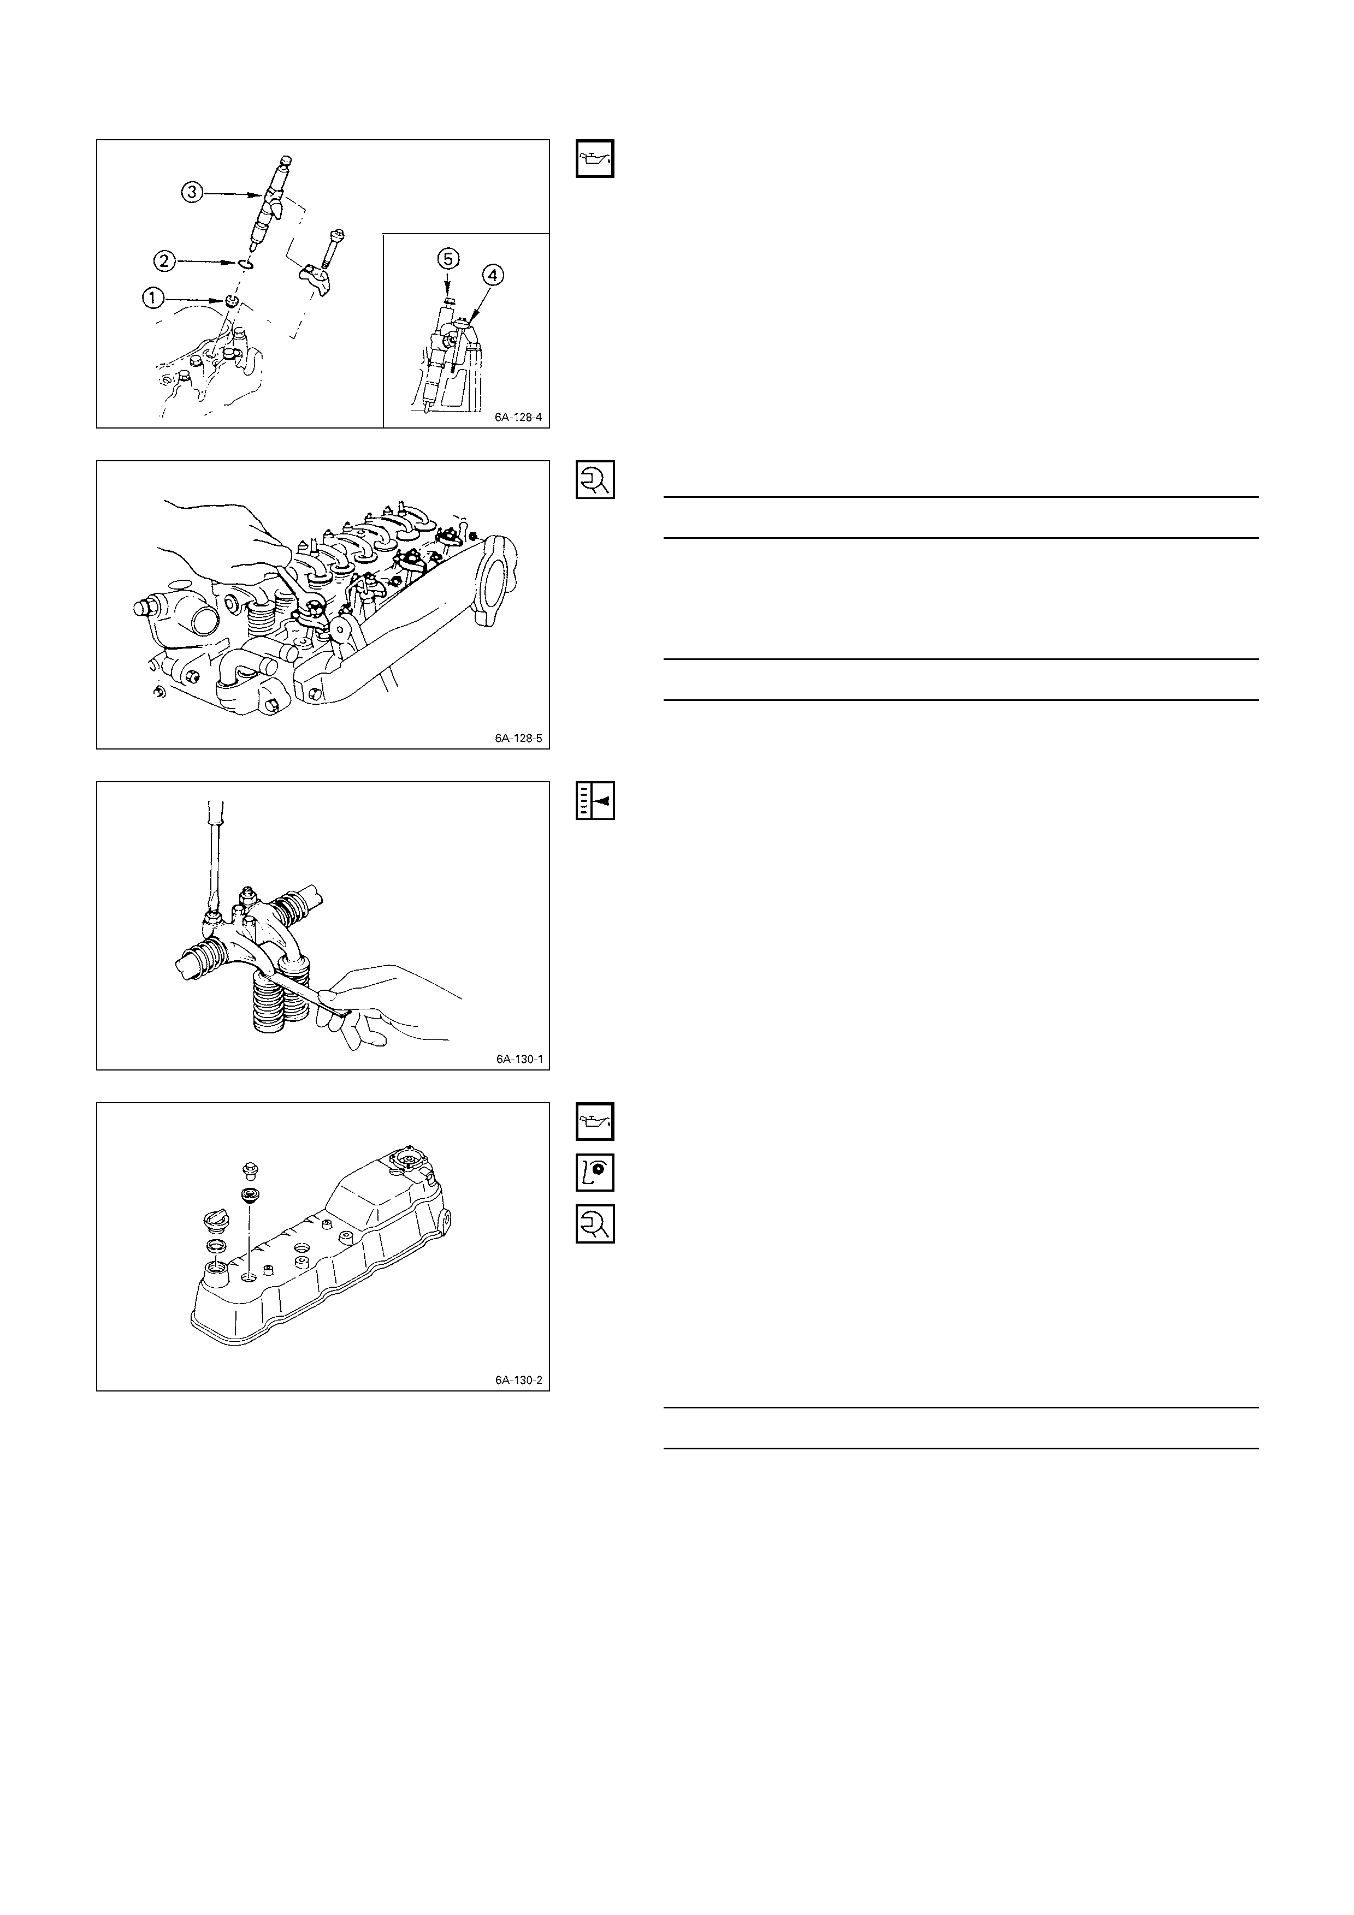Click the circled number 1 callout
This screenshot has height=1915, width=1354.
coord(153,298)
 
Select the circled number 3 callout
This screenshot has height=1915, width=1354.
coord(193,193)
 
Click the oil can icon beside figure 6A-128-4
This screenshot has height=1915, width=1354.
coord(595,158)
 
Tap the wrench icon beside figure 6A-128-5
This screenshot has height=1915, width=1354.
coord(595,480)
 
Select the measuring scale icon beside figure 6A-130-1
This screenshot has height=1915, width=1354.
coord(595,801)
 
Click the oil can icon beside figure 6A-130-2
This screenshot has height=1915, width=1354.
coord(595,1122)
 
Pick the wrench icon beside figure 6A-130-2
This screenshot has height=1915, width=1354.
coord(595,1223)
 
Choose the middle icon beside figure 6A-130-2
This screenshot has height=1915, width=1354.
coord(595,1173)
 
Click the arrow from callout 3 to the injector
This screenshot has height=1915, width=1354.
coord(234,193)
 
